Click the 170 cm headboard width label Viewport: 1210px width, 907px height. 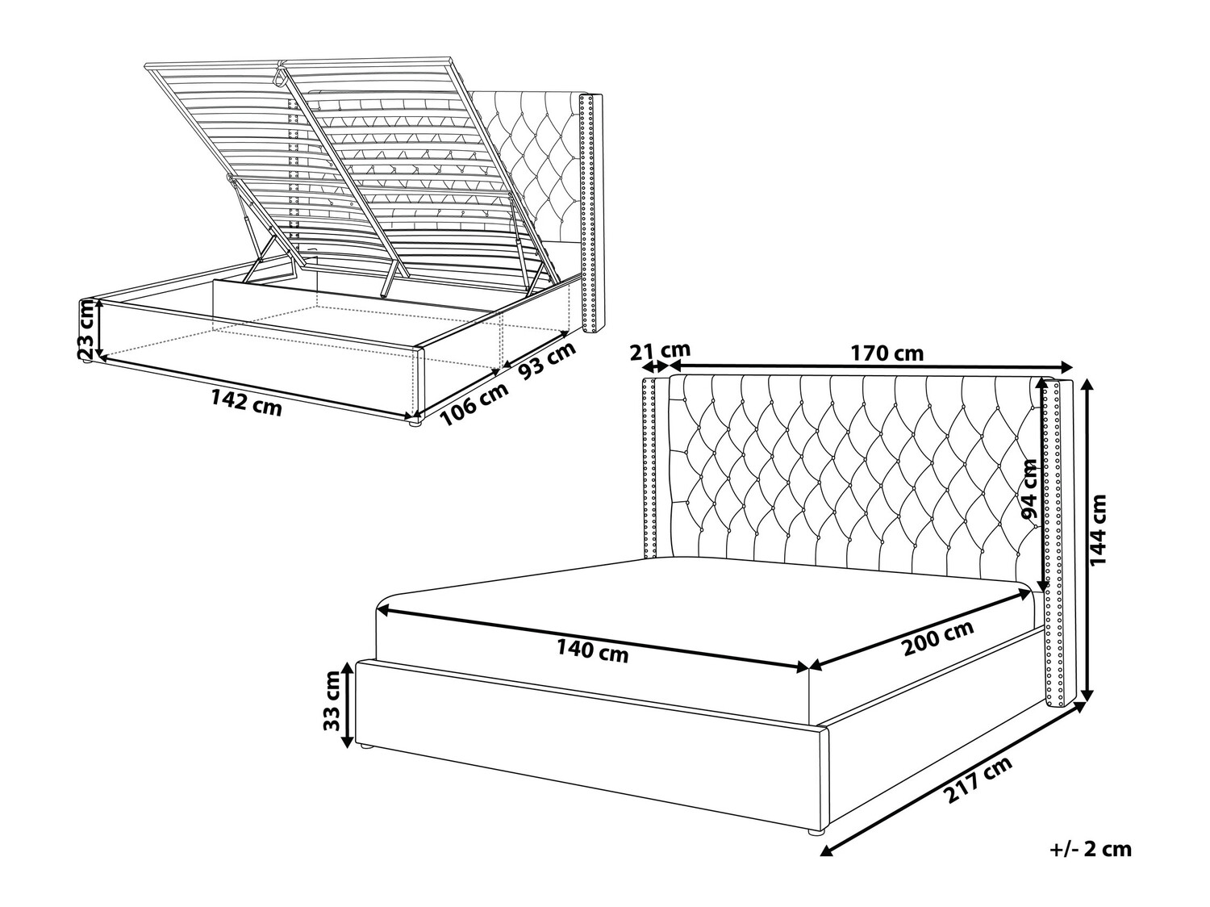pyautogui.click(x=886, y=353)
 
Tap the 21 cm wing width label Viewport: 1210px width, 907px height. pyautogui.click(x=660, y=350)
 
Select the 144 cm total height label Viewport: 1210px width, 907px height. pyautogui.click(x=1098, y=530)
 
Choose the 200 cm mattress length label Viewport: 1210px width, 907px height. pyautogui.click(x=937, y=638)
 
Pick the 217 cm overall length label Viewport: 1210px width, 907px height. pyautogui.click(x=978, y=780)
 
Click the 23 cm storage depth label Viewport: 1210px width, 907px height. pyautogui.click(x=86, y=329)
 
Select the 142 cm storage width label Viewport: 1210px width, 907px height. pyautogui.click(x=246, y=402)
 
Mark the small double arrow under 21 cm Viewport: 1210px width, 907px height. pyautogui.click(x=657, y=366)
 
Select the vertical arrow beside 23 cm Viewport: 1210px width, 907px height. pyautogui.click(x=99, y=328)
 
